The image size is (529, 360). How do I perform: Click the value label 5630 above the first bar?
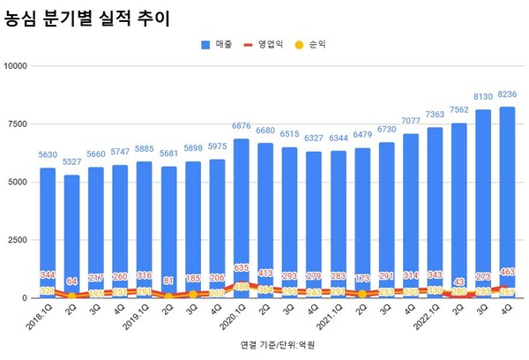pyautogui.click(x=47, y=155)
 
